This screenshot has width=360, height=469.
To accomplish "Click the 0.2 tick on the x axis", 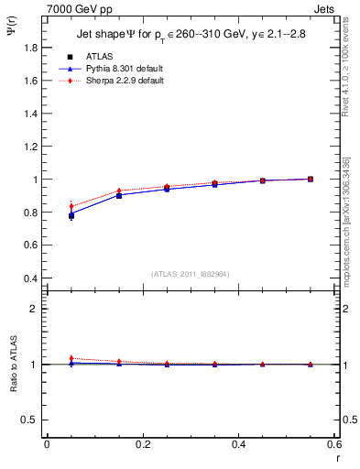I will [x=142, y=444].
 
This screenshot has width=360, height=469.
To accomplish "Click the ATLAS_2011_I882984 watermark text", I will [x=191, y=273].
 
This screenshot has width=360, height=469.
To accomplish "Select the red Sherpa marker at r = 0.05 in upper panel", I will [x=71, y=206].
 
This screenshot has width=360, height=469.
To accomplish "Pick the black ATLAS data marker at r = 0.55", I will [x=311, y=179].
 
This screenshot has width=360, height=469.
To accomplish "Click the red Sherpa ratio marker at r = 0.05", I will [x=71, y=358].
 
